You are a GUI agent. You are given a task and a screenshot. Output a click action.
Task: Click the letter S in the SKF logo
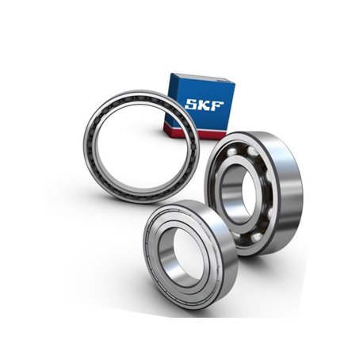[x=191, y=104]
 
